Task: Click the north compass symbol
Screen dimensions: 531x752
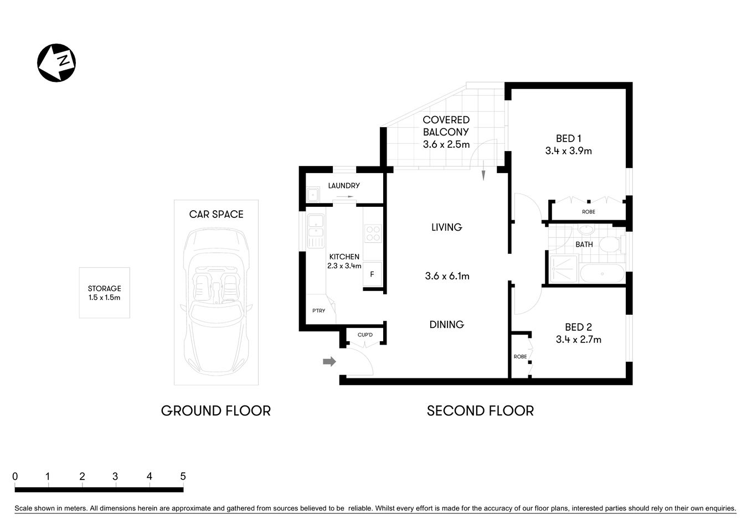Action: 56,63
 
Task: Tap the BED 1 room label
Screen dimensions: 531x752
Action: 568,139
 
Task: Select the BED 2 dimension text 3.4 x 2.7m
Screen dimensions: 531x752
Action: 578,340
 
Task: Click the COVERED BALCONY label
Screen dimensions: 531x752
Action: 446,126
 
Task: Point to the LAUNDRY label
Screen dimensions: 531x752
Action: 343,186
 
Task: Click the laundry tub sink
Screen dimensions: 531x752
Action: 313,195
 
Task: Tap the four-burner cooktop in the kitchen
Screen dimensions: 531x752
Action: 373,233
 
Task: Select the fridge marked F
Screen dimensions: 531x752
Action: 372,274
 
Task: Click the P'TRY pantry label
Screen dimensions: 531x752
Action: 318,311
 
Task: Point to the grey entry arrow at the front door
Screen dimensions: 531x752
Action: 329,361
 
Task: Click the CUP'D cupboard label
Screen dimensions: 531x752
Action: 365,335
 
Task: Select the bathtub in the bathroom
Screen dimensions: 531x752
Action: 602,273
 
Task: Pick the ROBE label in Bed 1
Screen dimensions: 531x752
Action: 588,212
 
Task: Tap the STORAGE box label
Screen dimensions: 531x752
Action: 104,289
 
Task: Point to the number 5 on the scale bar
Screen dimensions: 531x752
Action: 183,476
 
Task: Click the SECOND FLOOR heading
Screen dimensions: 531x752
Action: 480,411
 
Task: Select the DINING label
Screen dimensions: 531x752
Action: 446,325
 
